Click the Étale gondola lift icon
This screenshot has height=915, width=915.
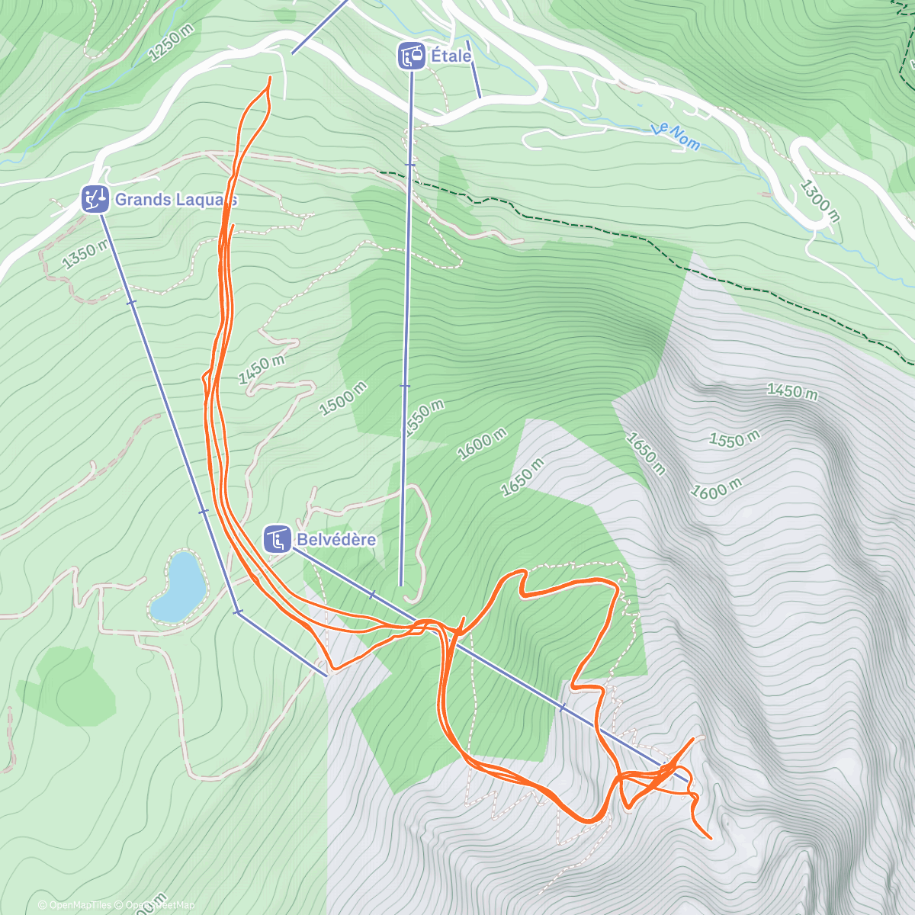412,56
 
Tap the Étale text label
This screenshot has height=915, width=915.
451,56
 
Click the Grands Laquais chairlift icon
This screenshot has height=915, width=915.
95,199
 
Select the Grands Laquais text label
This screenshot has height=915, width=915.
175,200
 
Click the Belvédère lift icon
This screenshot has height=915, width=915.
277,539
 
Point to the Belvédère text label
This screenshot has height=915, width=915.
336,539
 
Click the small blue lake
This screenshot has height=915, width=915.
178,586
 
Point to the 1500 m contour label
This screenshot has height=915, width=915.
342,398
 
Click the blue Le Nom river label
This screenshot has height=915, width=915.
676,136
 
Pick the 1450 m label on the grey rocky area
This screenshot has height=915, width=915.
792,391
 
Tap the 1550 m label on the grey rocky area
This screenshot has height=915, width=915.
734,439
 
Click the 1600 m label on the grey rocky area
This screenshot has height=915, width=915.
716,488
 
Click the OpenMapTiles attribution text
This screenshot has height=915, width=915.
75,905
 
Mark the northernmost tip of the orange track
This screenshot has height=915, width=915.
269,78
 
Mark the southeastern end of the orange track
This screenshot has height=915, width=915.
711,838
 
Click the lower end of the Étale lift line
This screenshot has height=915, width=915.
401,585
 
